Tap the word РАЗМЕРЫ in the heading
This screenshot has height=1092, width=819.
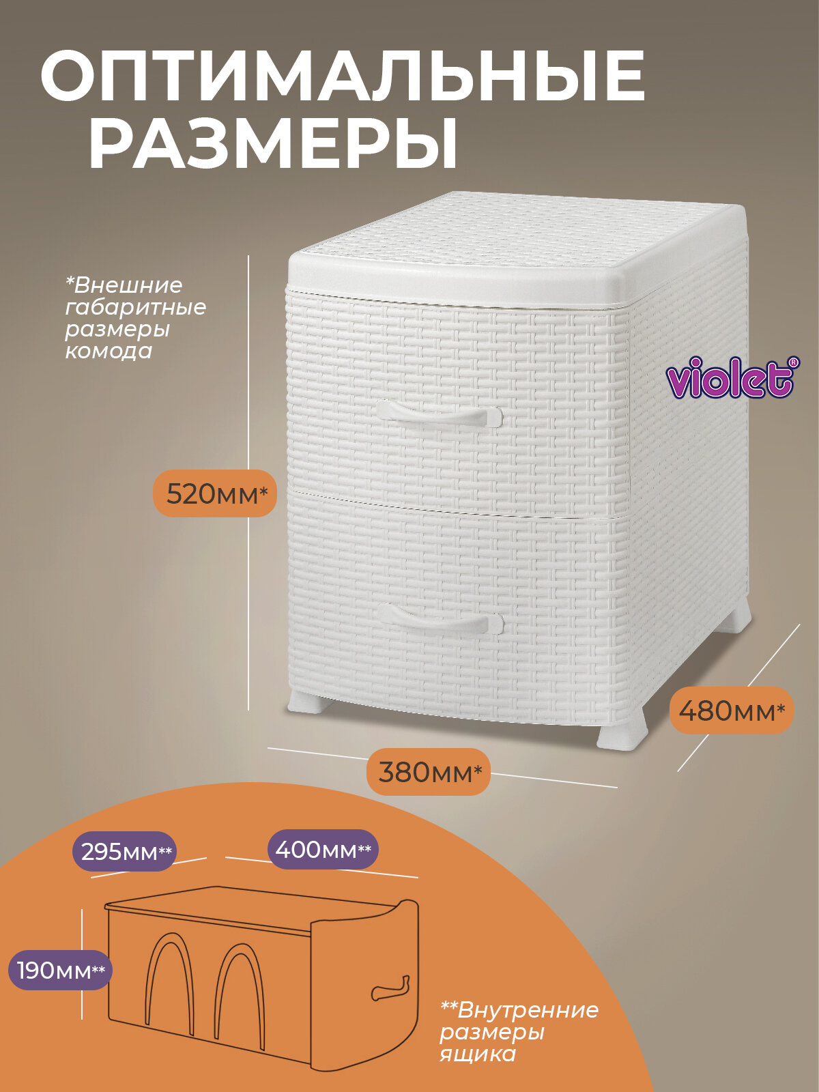273,144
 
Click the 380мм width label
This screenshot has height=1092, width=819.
429,772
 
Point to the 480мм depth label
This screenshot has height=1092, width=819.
731,710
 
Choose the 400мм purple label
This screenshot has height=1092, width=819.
322,850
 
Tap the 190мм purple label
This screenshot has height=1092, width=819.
60,970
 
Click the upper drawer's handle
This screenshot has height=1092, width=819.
439,414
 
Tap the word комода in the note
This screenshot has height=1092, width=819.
109,351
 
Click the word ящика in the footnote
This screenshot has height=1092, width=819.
477,1054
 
